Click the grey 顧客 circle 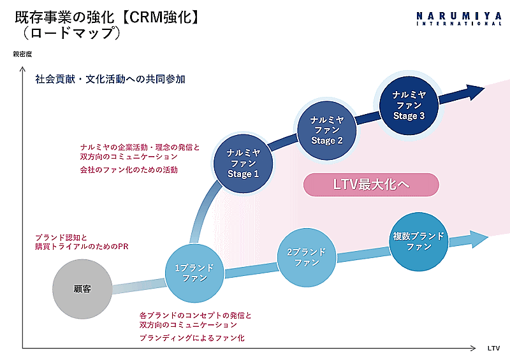click(x=82, y=289)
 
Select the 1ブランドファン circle click(x=194, y=273)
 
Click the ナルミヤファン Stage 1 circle click(x=243, y=163)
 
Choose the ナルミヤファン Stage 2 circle click(x=327, y=130)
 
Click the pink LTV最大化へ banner click(x=371, y=185)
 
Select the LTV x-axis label click(x=493, y=349)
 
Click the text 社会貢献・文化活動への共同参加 click(x=110, y=80)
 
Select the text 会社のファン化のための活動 click(x=129, y=170)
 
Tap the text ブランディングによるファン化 click(x=192, y=338)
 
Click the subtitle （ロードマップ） click(x=71, y=34)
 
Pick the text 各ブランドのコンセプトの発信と click(x=196, y=315)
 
